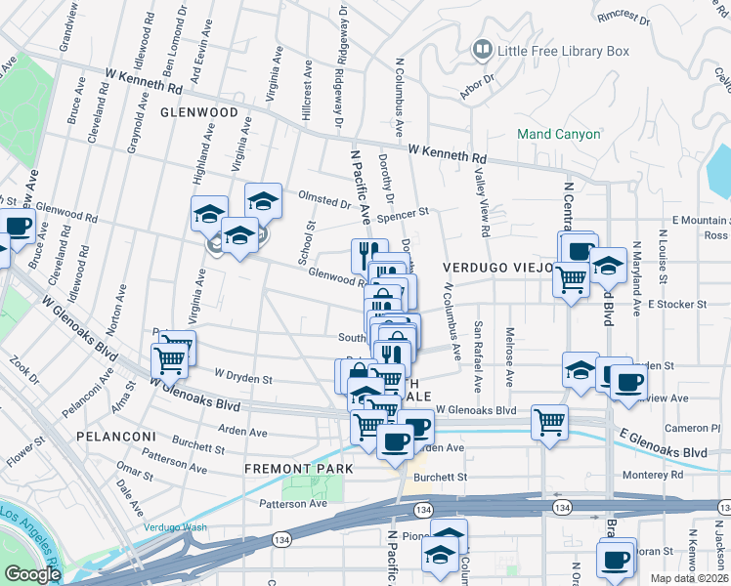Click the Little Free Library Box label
564,50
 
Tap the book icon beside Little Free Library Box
482,49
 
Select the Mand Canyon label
559,134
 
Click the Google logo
31,574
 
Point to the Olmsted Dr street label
323,204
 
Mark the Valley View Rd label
484,200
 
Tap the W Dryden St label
243,376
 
